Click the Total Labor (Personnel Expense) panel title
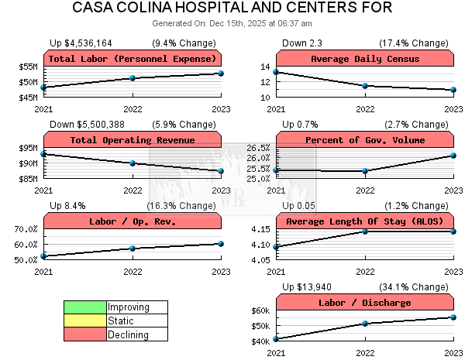pyautogui.click(x=133, y=59)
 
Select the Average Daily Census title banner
pyautogui.click(x=365, y=59)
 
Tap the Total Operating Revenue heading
pyautogui.click(x=133, y=140)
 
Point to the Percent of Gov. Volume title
pyautogui.click(x=365, y=140)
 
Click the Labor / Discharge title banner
pyautogui.click(x=365, y=303)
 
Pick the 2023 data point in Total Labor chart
pyautogui.click(x=221, y=74)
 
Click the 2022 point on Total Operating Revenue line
pyautogui.click(x=133, y=163)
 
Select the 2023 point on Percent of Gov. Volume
pyautogui.click(x=453, y=156)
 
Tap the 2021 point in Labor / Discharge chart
pyautogui.click(x=277, y=339)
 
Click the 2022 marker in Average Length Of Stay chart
pyautogui.click(x=365, y=231)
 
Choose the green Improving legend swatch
pyautogui.click(x=84, y=307)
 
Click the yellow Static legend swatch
pyautogui.click(x=84, y=321)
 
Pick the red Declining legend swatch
pyautogui.click(x=84, y=334)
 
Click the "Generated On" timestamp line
pyautogui.click(x=232, y=22)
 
